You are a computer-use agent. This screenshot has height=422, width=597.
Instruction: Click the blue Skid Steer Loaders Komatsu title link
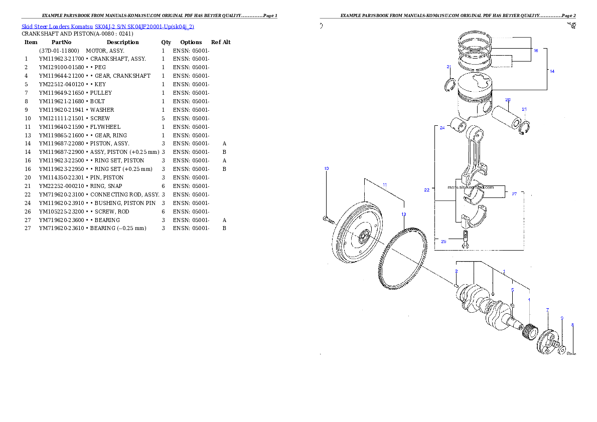click(x=107, y=27)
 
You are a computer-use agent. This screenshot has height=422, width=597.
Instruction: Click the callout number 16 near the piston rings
click(x=536, y=51)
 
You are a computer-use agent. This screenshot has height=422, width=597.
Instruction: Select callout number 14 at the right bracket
click(x=552, y=71)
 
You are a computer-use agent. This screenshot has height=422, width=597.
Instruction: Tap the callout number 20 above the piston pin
click(x=508, y=100)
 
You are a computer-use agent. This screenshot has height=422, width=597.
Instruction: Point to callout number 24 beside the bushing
click(x=442, y=128)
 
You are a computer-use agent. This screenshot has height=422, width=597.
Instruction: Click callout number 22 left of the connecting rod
click(x=426, y=190)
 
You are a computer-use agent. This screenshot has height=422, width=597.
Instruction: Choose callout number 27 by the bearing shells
click(x=514, y=194)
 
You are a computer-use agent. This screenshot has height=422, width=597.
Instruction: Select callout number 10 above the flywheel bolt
click(x=326, y=168)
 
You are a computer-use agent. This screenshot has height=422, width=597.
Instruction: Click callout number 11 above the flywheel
click(x=384, y=185)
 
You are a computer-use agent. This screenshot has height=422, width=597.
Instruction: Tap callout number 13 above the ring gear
click(x=404, y=214)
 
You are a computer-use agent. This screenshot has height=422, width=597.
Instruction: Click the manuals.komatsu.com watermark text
click(x=471, y=187)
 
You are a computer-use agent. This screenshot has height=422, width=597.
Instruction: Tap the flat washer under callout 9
click(x=562, y=349)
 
